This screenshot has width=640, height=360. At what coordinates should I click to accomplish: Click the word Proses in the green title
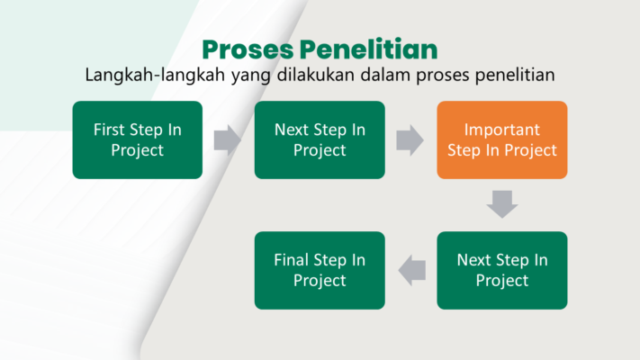248,49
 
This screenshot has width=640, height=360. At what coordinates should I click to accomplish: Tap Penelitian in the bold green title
368,49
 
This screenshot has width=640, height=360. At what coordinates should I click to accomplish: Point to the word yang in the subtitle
250,76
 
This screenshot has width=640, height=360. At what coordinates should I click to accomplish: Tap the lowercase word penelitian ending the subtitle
515,75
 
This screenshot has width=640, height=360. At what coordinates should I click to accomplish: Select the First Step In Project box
138,140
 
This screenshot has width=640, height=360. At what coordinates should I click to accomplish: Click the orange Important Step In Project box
502,140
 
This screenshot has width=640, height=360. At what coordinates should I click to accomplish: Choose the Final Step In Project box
320,270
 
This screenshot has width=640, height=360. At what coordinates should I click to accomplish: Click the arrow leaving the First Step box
228,140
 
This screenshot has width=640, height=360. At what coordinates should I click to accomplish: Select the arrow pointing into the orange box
410,140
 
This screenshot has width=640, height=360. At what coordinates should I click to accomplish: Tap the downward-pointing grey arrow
502,204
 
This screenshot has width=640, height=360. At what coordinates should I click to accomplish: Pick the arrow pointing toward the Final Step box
412,271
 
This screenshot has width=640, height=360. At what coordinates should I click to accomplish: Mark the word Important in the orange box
502,130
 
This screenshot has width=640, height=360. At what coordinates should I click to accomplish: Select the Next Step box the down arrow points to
502,270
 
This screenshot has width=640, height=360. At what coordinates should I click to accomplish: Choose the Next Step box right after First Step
320,140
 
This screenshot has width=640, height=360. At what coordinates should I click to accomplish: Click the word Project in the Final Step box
320,281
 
